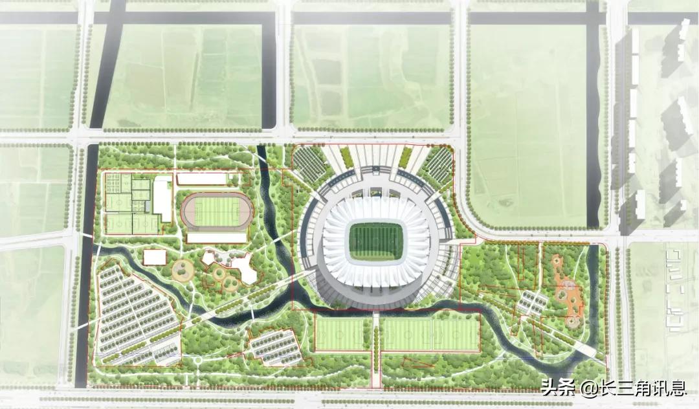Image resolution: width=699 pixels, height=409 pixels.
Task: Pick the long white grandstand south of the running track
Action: click(x=216, y=238)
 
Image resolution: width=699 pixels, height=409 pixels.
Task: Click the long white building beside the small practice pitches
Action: click(x=162, y=199)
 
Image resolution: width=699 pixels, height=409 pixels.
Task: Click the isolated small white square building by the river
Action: click(x=154, y=257)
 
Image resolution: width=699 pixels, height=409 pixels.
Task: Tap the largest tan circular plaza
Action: click(x=183, y=270)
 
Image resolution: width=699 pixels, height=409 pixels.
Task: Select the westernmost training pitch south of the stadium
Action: click(x=341, y=333)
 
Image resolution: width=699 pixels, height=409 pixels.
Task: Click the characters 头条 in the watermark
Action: click(x=557, y=389)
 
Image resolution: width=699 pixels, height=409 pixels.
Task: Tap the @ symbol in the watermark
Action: click(x=588, y=389)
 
